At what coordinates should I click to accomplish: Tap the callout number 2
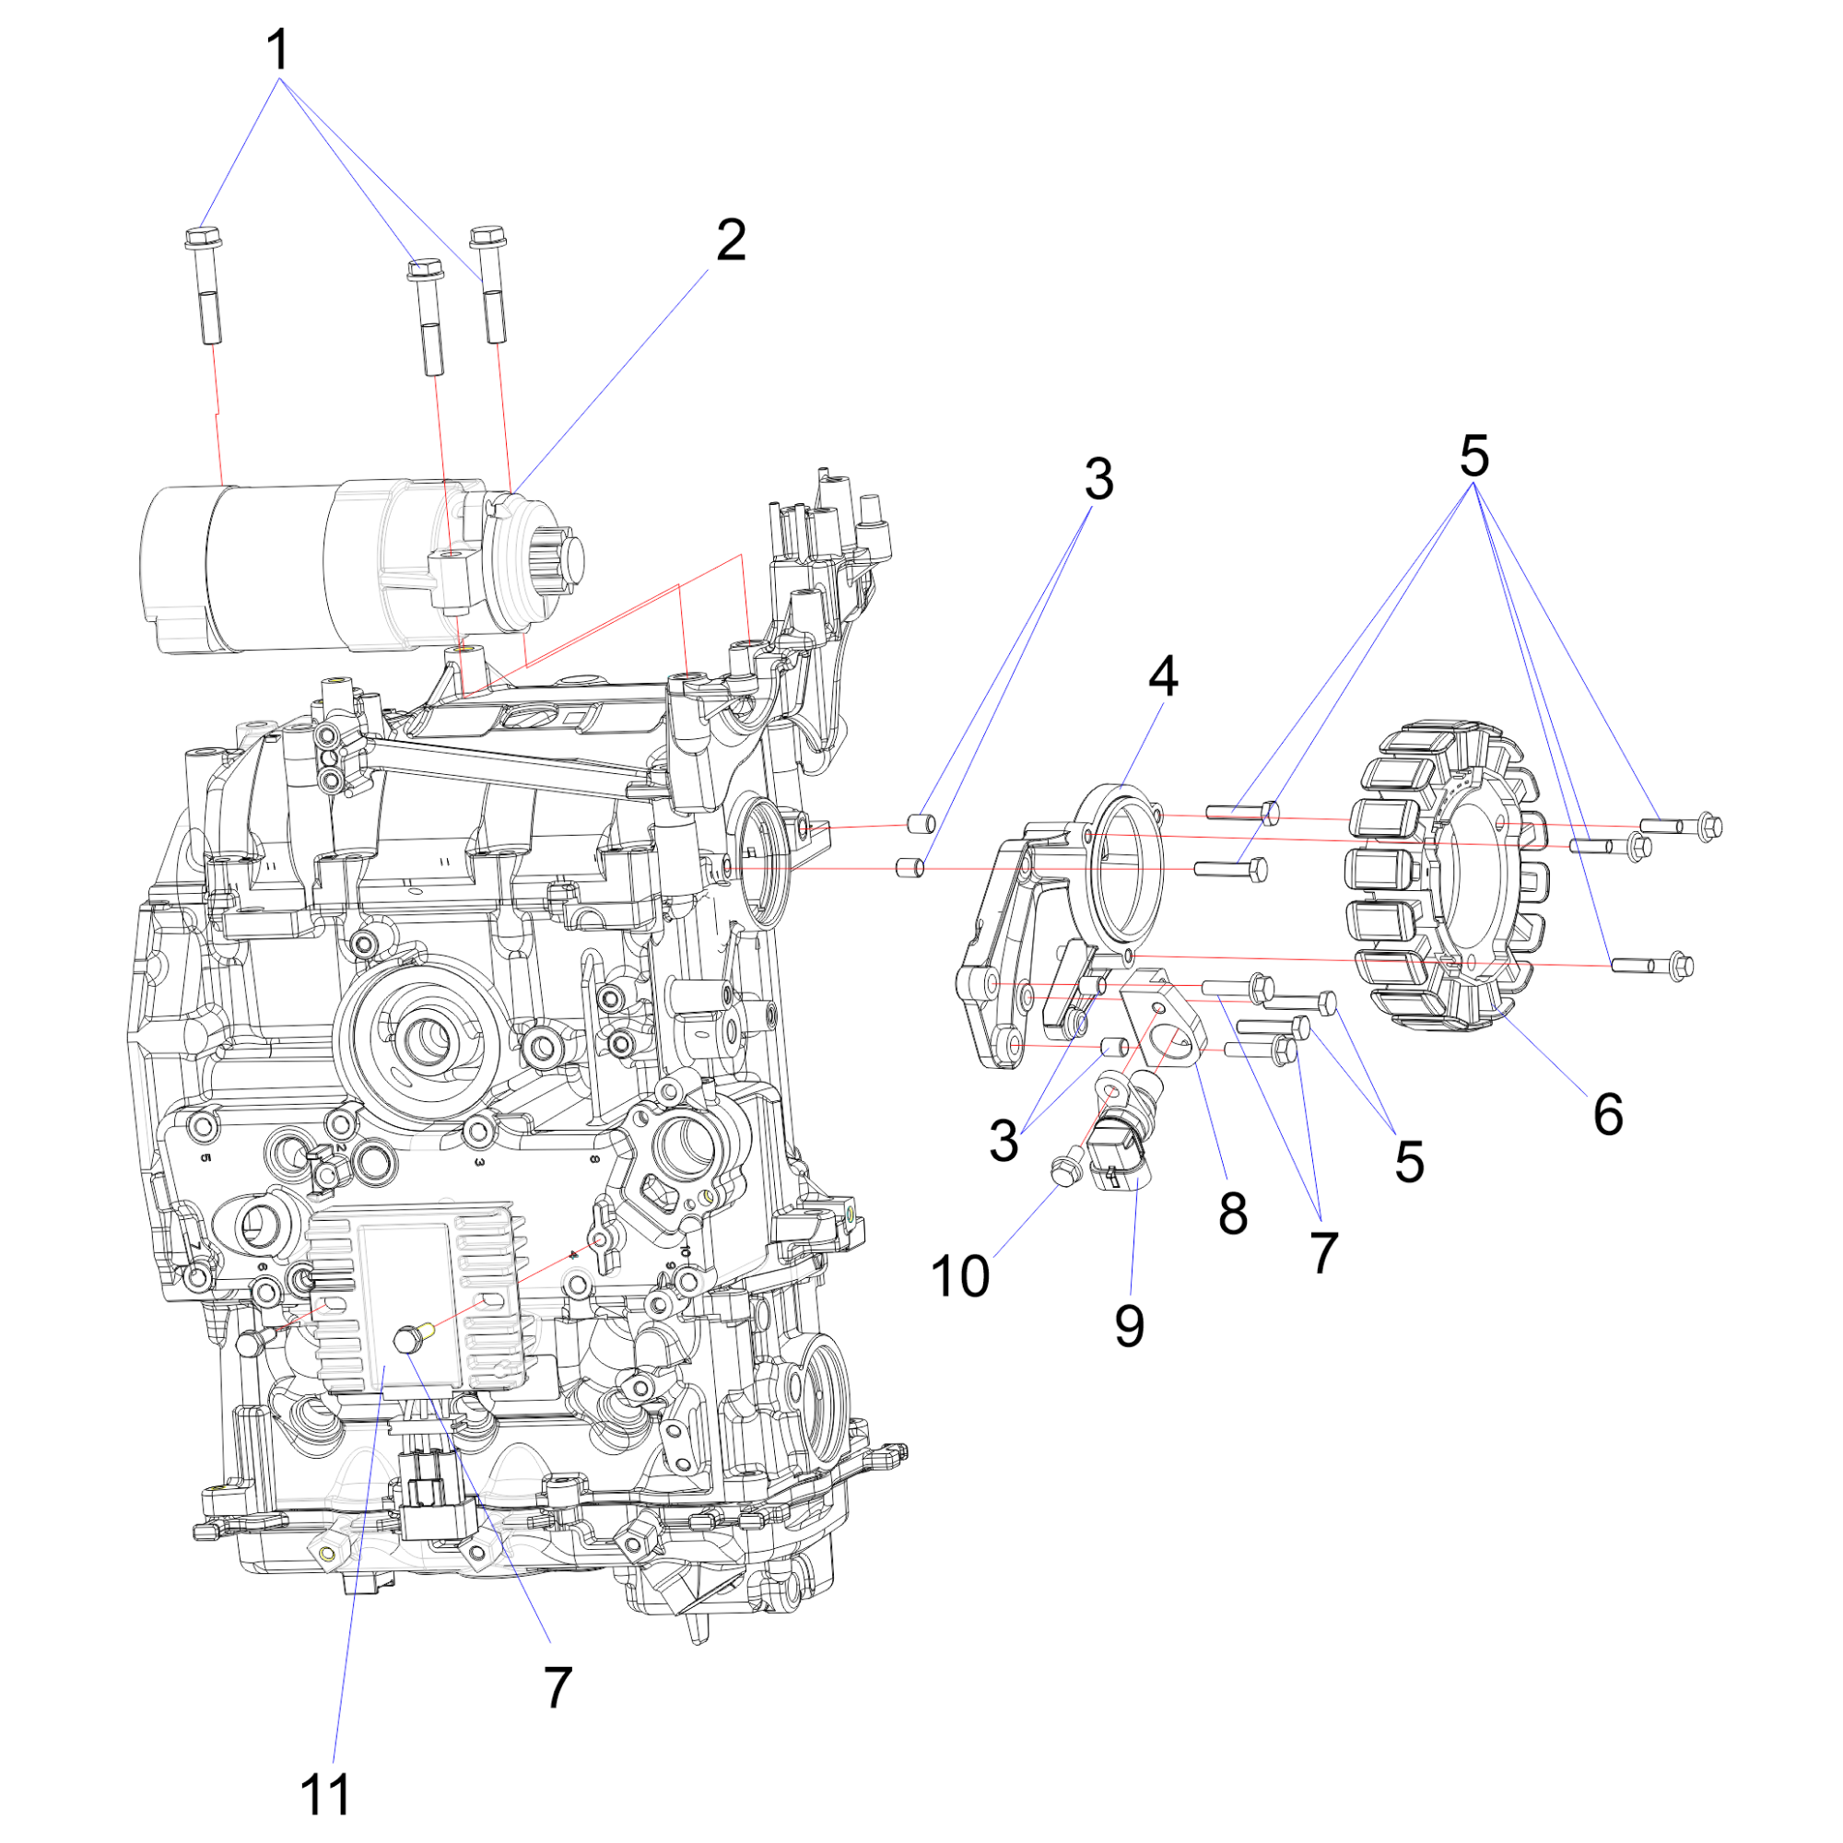click(731, 240)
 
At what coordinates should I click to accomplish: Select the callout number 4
click(1163, 676)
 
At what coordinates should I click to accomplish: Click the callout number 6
click(1607, 1114)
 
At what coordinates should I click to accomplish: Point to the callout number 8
click(1232, 1214)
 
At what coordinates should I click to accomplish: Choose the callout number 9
click(1130, 1326)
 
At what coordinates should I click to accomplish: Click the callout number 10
click(960, 1276)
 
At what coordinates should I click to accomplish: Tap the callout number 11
click(325, 1795)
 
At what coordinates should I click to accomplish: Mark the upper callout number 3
click(1099, 479)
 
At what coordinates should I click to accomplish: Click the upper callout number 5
click(1473, 456)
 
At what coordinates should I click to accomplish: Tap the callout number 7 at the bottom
click(558, 1687)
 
